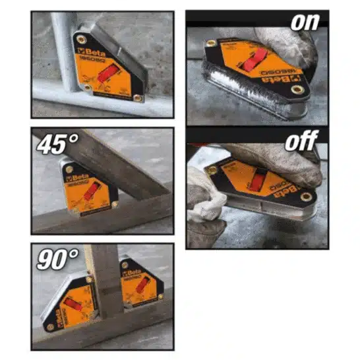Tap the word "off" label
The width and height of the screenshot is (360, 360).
(302, 140)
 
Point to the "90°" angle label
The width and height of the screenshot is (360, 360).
(54, 258)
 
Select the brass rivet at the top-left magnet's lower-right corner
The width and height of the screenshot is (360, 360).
(136, 98)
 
